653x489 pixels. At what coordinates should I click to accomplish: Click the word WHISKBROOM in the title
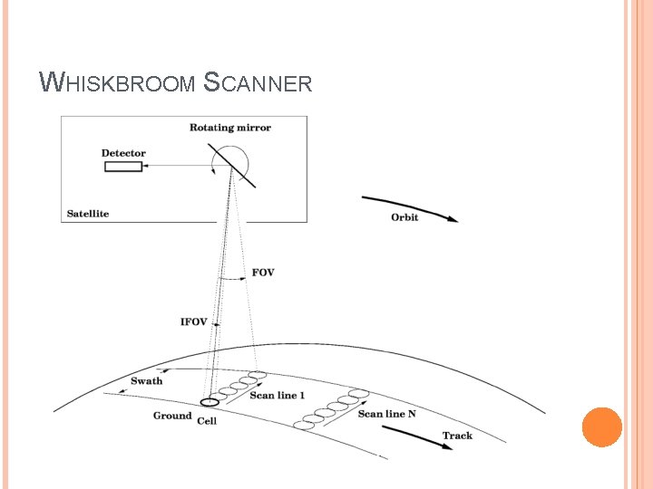[118, 84]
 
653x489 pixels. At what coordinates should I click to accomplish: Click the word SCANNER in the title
[258, 84]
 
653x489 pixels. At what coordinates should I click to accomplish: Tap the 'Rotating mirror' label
[230, 128]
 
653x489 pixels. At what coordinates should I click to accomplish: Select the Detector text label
[123, 153]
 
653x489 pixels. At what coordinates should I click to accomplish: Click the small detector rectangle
[123, 167]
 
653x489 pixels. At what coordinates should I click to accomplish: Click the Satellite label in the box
[88, 214]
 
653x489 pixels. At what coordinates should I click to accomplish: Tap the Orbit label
[404, 217]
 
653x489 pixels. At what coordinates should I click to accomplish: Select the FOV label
[263, 273]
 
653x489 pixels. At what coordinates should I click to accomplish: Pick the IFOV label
[194, 321]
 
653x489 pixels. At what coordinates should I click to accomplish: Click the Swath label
[147, 381]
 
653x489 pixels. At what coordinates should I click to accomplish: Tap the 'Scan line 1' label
[278, 396]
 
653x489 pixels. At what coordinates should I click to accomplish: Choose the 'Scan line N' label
[387, 414]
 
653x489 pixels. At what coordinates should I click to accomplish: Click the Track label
[457, 436]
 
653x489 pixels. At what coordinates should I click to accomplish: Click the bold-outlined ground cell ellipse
[210, 402]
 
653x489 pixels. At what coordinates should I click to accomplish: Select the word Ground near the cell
[172, 416]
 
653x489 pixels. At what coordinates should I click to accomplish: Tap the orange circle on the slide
[601, 427]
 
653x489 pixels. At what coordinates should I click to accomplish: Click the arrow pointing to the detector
[178, 167]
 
